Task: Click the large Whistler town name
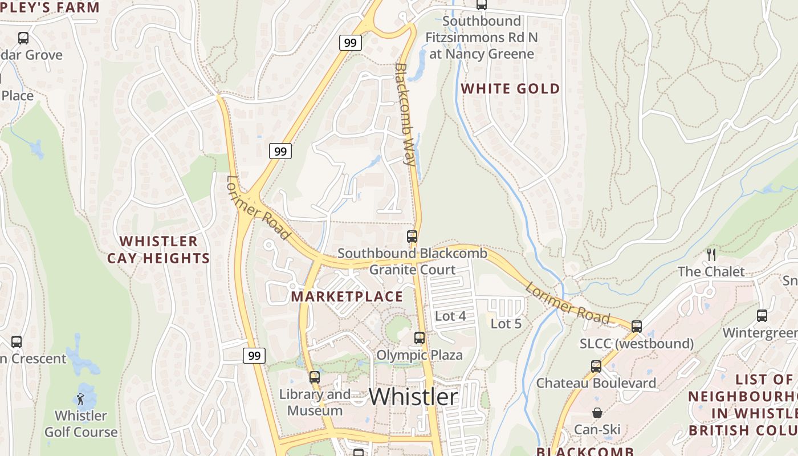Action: click(x=413, y=397)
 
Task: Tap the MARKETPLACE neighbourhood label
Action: click(x=347, y=296)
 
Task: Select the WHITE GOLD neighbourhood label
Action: click(x=510, y=88)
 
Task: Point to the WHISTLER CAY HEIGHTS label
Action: click(x=158, y=250)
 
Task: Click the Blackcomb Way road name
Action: click(x=405, y=114)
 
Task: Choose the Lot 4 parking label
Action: click(x=450, y=316)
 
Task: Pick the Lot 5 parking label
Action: click(x=506, y=324)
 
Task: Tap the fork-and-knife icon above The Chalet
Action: click(x=711, y=254)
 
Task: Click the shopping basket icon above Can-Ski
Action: click(x=597, y=412)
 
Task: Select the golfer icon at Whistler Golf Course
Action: click(x=80, y=398)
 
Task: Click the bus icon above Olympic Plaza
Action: click(x=420, y=338)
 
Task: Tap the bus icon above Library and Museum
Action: click(x=315, y=377)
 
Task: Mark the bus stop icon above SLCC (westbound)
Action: click(x=637, y=327)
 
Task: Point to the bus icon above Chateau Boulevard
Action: click(x=596, y=366)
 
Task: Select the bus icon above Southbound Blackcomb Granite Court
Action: click(x=412, y=236)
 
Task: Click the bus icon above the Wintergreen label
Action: click(x=762, y=316)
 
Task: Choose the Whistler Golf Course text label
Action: click(x=81, y=424)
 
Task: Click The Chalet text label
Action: click(x=711, y=271)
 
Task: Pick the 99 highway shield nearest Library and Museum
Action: click(x=254, y=356)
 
